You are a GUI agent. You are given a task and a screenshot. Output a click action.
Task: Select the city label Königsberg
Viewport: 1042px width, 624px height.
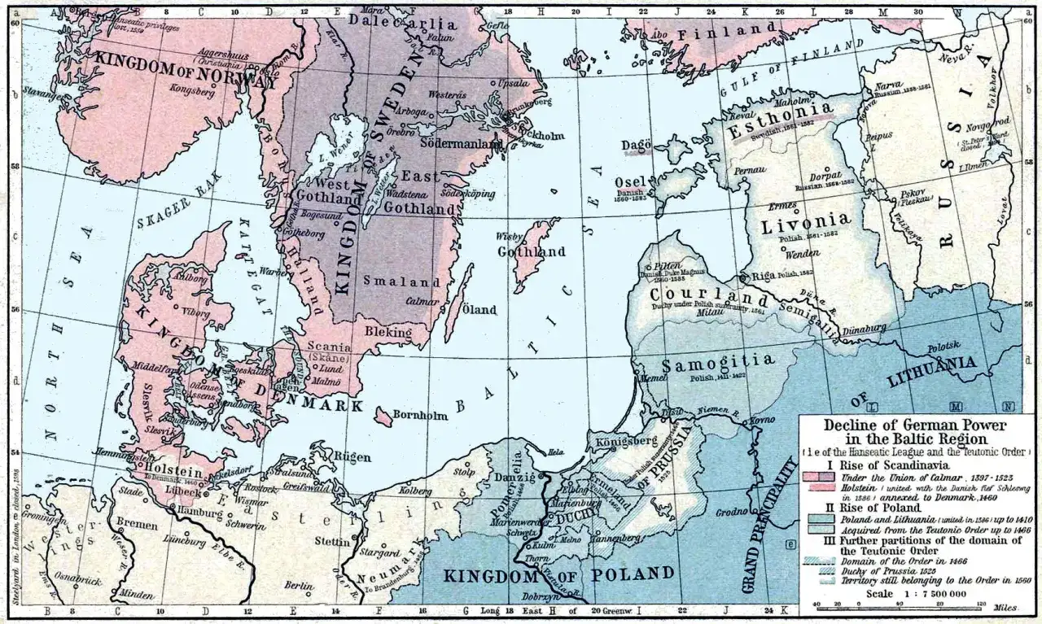tap(630, 441)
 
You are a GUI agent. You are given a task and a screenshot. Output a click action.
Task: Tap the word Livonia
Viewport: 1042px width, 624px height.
tap(808, 220)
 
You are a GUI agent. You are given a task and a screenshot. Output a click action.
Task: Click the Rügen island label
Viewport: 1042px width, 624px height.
tap(352, 456)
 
